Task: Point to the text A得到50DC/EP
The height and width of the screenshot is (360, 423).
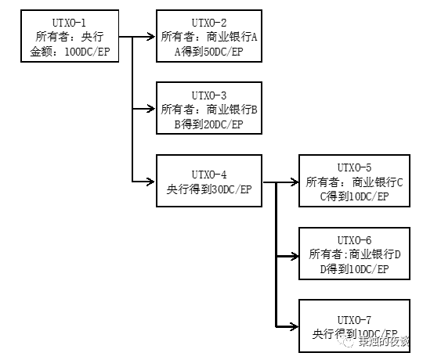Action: click(x=208, y=51)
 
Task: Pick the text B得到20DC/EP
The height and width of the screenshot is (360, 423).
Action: click(x=208, y=124)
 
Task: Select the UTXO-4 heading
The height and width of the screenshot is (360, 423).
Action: click(x=208, y=173)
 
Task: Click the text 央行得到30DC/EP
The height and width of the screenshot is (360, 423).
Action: click(x=208, y=188)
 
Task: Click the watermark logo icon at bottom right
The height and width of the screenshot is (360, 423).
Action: click(x=345, y=341)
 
